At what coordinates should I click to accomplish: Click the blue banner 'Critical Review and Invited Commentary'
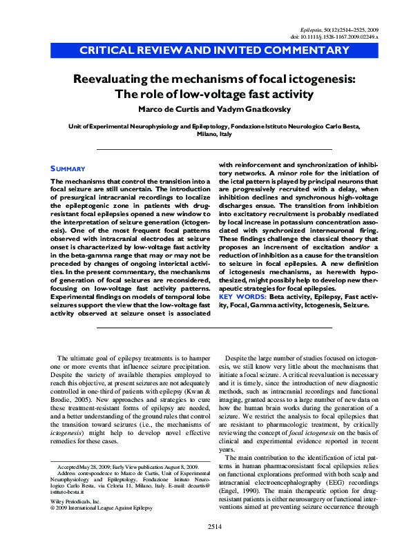[x=214, y=50]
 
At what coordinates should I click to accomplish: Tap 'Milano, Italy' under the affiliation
[x=214, y=135]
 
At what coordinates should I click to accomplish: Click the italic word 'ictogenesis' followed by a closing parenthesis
[x=68, y=440]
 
